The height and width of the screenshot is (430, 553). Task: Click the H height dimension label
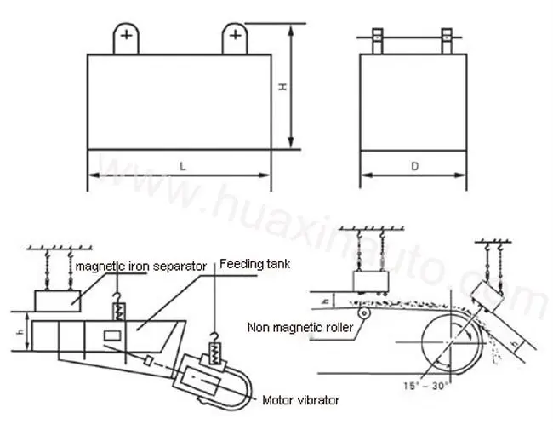pyautogui.click(x=285, y=88)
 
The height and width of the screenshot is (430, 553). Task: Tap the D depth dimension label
pyautogui.click(x=414, y=167)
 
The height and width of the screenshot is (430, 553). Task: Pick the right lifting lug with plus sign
pyautogui.click(x=235, y=38)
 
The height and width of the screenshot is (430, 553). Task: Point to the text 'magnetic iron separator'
pyautogui.click(x=140, y=267)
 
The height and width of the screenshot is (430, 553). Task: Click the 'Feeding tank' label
pyautogui.click(x=255, y=264)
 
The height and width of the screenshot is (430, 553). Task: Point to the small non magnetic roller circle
pyautogui.click(x=365, y=314)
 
